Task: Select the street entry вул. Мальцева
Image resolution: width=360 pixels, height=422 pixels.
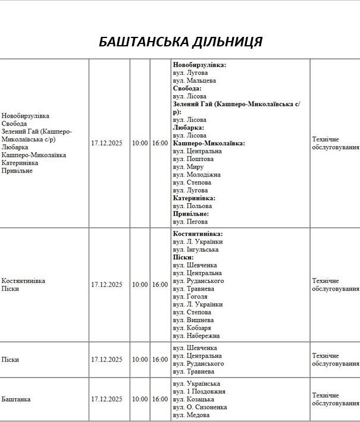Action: pos(194,80)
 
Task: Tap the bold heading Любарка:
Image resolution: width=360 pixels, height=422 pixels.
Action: pos(188,127)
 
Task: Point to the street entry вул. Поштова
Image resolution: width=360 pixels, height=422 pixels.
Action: pos(193,159)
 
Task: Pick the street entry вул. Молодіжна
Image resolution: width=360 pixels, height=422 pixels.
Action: pos(196,175)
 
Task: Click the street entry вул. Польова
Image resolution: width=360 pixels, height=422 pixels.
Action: pos(192,206)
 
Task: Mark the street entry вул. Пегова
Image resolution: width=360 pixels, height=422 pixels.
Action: pos(190,221)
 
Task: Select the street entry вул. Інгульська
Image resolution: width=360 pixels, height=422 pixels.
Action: pos(196,250)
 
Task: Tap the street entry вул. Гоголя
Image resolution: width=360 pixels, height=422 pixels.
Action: pos(190,296)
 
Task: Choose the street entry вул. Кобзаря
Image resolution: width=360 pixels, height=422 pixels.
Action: pos(192,327)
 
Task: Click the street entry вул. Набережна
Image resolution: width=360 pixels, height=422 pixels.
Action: pos(196,335)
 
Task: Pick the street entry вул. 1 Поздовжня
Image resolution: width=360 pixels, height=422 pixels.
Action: pos(199,392)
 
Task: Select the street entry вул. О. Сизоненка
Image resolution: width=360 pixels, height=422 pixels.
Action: pos(200,407)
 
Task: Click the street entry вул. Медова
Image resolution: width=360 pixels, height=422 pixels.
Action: pos(191,415)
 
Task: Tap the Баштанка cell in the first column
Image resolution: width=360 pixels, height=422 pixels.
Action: pos(16,399)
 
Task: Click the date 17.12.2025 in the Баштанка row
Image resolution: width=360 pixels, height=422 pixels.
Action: pos(107,399)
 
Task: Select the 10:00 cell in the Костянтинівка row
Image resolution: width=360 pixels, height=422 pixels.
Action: pos(140,285)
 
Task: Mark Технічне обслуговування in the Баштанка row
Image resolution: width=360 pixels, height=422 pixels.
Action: pos(334,399)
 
